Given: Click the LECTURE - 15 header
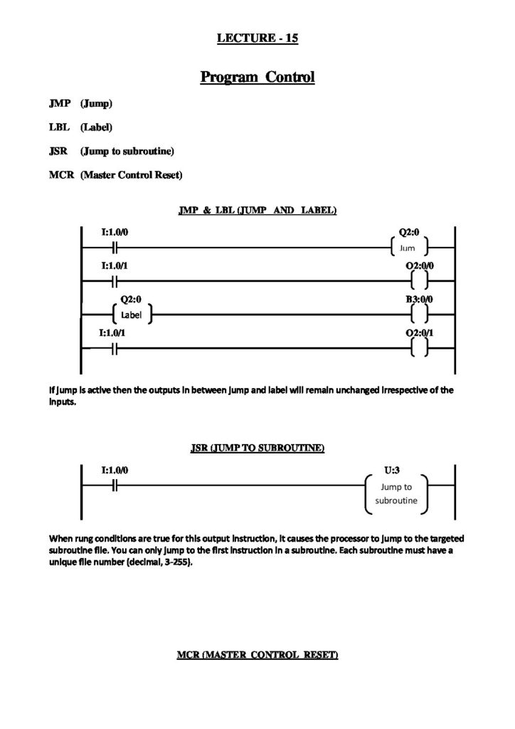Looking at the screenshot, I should coord(257,39).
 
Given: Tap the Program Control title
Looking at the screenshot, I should coord(257,76).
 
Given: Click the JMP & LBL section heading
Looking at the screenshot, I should coord(257,211).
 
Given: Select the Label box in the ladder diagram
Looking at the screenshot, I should coord(132,314).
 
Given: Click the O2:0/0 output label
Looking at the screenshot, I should coord(419,266).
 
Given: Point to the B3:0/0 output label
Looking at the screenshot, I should coord(419,300).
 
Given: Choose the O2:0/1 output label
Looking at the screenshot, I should coord(419,332).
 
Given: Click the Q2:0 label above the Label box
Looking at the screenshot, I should coord(131,300).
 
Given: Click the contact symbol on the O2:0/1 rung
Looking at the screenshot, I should coord(115,349).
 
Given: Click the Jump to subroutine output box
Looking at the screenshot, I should coord(396,494).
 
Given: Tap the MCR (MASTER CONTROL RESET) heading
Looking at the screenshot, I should coord(257,654).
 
